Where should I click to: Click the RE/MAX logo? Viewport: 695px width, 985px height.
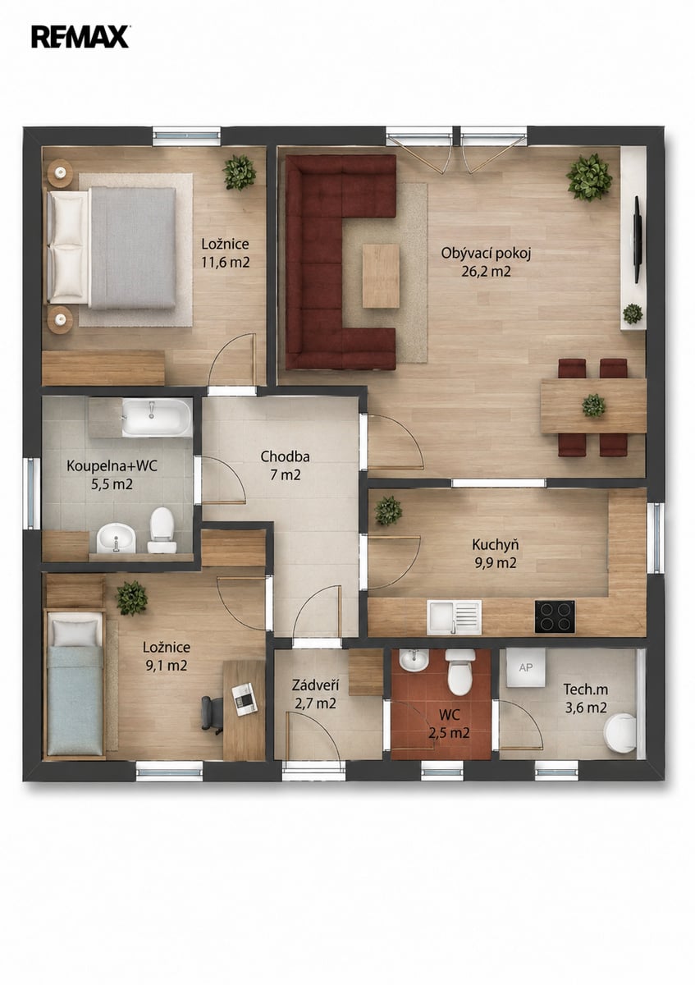[x=80, y=36]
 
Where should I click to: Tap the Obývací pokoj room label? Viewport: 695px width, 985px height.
[x=487, y=254]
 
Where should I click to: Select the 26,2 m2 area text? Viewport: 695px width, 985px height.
[x=486, y=272]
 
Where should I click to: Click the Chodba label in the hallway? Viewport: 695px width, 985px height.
[x=285, y=456]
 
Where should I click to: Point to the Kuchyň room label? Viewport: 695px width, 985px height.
[x=495, y=545]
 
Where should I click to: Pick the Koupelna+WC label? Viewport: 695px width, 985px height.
[x=112, y=466]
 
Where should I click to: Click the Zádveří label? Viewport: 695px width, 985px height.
[x=315, y=685]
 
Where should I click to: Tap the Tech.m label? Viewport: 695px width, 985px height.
[x=586, y=689]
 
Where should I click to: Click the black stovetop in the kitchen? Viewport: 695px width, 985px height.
[x=555, y=617]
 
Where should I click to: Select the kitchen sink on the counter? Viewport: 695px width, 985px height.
[x=454, y=617]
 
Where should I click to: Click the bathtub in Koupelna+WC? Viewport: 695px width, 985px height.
[x=157, y=418]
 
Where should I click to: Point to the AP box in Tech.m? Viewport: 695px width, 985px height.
[x=526, y=667]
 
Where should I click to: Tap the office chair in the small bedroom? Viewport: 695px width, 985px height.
[x=212, y=716]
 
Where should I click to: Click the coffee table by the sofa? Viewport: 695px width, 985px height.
[x=381, y=276]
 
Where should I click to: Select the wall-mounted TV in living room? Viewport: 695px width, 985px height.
[x=637, y=240]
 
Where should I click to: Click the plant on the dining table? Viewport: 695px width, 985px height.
[x=593, y=405]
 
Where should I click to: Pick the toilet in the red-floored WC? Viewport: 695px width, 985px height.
[x=460, y=672]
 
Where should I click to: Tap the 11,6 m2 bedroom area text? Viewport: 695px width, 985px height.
[x=226, y=263]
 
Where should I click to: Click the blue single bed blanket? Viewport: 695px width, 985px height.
[x=75, y=700]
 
